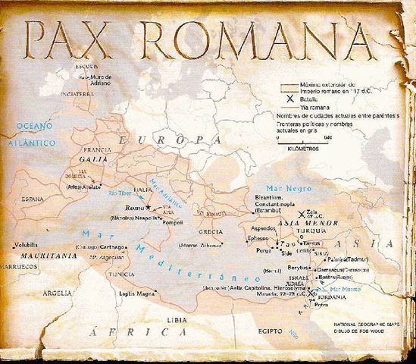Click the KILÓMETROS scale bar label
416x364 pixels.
point(305,149)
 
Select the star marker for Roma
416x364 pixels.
point(149,207)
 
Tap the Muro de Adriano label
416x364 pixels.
point(98,78)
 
